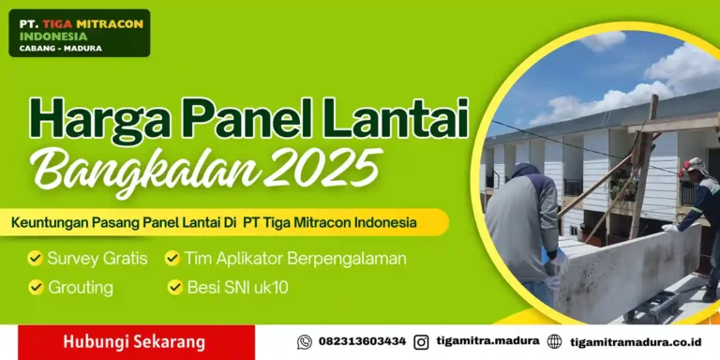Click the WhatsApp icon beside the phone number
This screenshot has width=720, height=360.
(304, 342)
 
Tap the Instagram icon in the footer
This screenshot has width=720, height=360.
(421, 342)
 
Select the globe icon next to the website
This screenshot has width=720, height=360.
(554, 342)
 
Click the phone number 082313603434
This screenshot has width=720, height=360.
(362, 342)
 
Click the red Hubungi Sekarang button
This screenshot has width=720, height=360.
(134, 342)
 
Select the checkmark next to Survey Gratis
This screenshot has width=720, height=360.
(36, 258)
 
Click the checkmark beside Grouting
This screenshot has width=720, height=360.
(36, 287)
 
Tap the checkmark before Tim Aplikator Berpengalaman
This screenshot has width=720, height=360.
(173, 258)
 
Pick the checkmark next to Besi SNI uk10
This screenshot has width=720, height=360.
(175, 287)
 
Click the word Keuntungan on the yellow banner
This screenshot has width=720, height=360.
(52, 223)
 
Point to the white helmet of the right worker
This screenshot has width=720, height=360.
(692, 165)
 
